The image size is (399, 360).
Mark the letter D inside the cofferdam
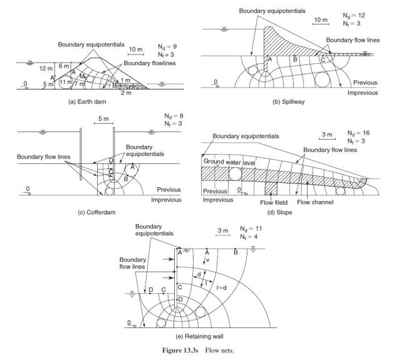tap(111, 161)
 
